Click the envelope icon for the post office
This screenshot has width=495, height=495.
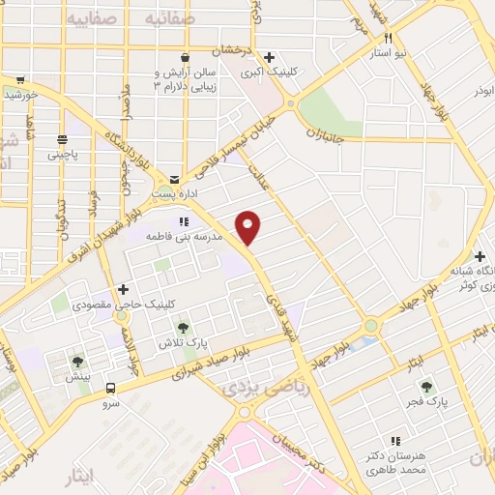pyautogui.click(x=174, y=179)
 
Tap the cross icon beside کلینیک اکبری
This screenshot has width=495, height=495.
pyautogui.click(x=271, y=56)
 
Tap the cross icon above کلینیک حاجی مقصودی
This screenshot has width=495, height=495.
pyautogui.click(x=123, y=289)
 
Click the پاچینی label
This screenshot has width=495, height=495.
pyautogui.click(x=66, y=152)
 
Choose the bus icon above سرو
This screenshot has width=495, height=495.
pyautogui.click(x=110, y=389)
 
